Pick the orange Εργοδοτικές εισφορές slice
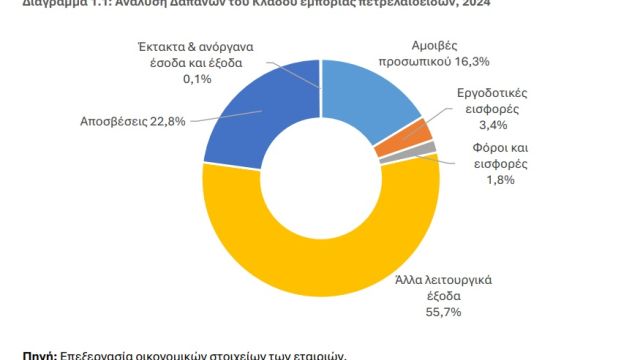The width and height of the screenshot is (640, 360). click(422, 132)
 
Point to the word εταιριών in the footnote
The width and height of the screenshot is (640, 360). click(319, 354)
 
